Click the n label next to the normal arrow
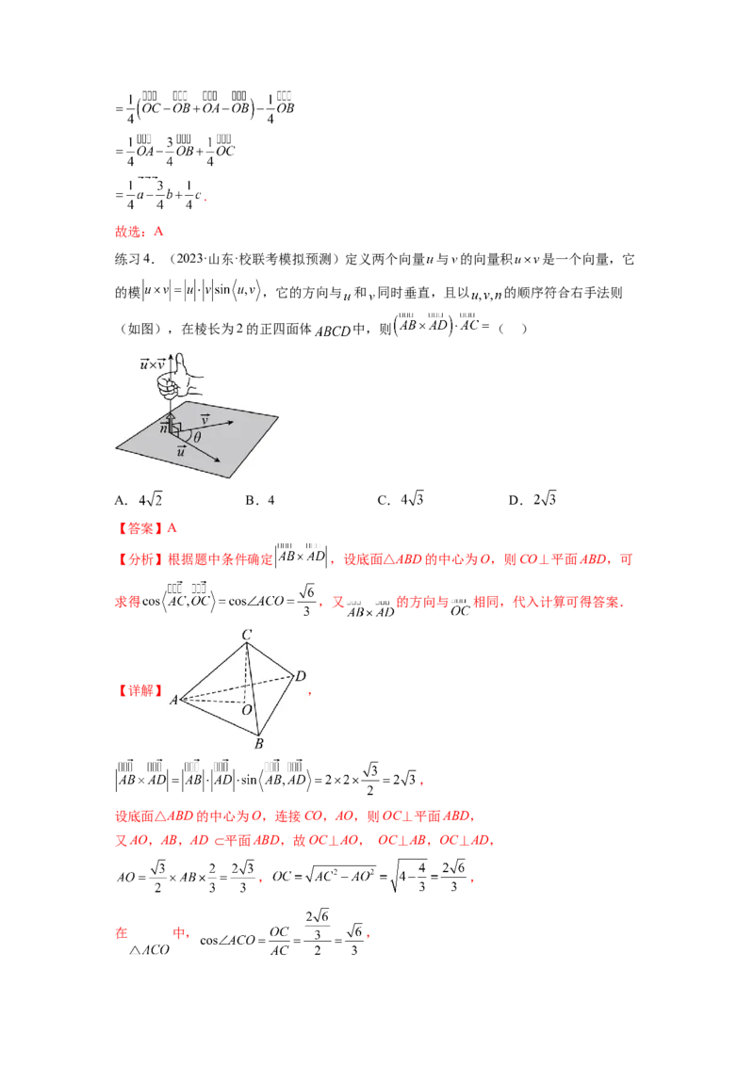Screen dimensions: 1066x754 [x=163, y=428]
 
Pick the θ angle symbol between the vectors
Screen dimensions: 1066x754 [x=196, y=437]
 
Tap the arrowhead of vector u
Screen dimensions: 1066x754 [x=220, y=460]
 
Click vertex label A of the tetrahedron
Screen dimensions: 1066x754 [x=173, y=700]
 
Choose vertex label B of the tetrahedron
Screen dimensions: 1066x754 [x=258, y=744]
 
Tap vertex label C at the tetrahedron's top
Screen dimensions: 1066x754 [x=246, y=636]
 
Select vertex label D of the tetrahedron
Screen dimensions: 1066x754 [x=300, y=676]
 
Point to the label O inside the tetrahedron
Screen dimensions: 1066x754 [x=247, y=709]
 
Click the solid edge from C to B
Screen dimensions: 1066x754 [x=253, y=687]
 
